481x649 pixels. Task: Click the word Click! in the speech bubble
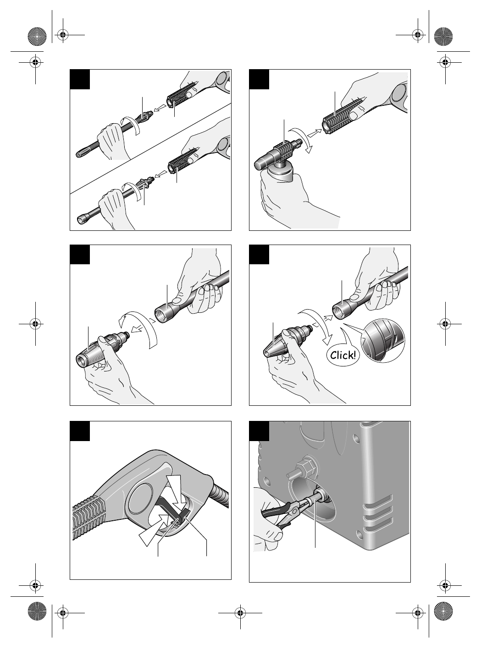pyautogui.click(x=343, y=355)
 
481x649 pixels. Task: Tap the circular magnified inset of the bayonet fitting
pyautogui.click(x=383, y=341)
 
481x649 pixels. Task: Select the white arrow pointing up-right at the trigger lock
pyautogui.click(x=154, y=530)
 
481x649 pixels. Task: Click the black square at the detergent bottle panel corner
pyautogui.click(x=259, y=79)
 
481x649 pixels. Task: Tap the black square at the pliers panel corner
pyautogui.click(x=259, y=431)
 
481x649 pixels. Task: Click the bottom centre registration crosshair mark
pyautogui.click(x=240, y=613)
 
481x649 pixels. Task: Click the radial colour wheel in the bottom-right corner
pyautogui.click(x=443, y=611)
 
